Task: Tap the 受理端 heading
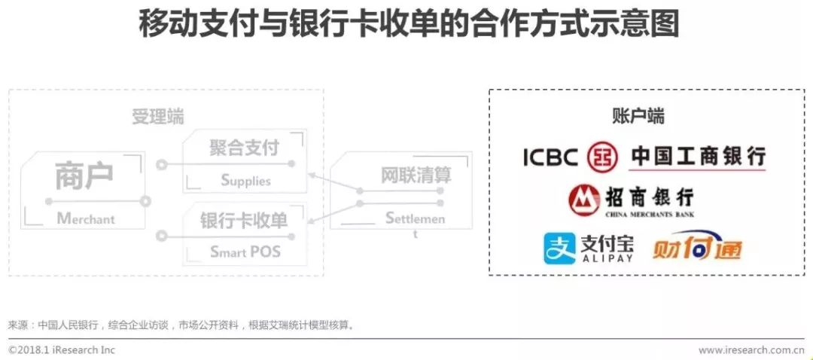(157, 117)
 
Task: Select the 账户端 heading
(638, 116)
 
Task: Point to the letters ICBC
(551, 157)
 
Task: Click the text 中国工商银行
(698, 157)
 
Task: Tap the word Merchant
(86, 219)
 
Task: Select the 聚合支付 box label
(244, 148)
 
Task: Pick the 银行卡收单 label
(244, 221)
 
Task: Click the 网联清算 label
(416, 175)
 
